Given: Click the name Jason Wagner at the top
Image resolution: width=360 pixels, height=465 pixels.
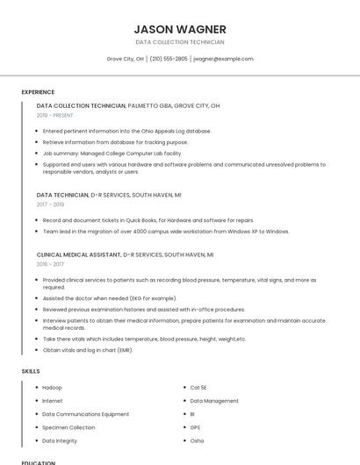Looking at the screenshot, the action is click(180, 29).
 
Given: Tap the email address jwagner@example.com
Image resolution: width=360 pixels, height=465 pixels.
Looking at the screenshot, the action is click(223, 59).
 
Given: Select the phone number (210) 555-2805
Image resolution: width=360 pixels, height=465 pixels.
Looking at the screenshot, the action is click(169, 59).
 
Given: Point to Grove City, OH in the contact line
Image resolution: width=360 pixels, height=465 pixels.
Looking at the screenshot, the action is click(126, 59).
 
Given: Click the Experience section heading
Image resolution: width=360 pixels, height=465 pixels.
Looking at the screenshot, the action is click(38, 92).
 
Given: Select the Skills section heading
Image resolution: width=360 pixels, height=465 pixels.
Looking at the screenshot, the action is click(31, 371).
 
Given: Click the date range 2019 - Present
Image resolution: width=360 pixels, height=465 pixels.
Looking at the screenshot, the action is click(55, 115).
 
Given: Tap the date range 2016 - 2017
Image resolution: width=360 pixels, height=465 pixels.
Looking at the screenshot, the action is click(50, 264).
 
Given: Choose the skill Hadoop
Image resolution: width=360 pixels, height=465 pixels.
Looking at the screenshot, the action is click(52, 387).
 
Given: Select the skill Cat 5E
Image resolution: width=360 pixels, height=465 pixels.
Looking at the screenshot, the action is click(198, 387).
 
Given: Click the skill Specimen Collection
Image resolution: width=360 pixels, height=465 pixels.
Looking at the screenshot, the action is click(68, 427).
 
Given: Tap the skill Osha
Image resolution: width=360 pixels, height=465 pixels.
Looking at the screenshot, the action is click(197, 440).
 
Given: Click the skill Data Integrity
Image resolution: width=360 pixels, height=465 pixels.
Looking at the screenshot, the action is click(61, 440).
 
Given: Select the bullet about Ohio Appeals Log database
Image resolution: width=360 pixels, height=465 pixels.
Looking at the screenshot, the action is click(126, 131).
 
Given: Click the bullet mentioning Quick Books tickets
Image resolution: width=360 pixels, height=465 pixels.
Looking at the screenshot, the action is click(148, 220).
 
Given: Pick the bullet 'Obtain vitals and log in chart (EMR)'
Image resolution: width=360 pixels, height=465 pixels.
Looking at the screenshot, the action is click(88, 350).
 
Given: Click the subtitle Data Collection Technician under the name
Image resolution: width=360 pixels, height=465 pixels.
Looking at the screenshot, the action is click(180, 42).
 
